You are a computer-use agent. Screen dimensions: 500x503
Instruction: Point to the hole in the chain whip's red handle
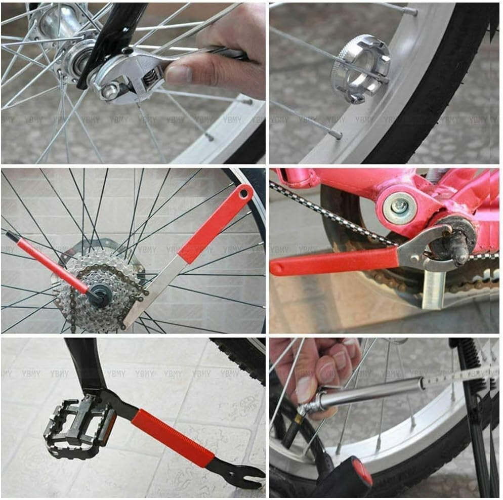click(245, 192)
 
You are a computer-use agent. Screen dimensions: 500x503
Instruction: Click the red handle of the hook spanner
click(334, 262)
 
